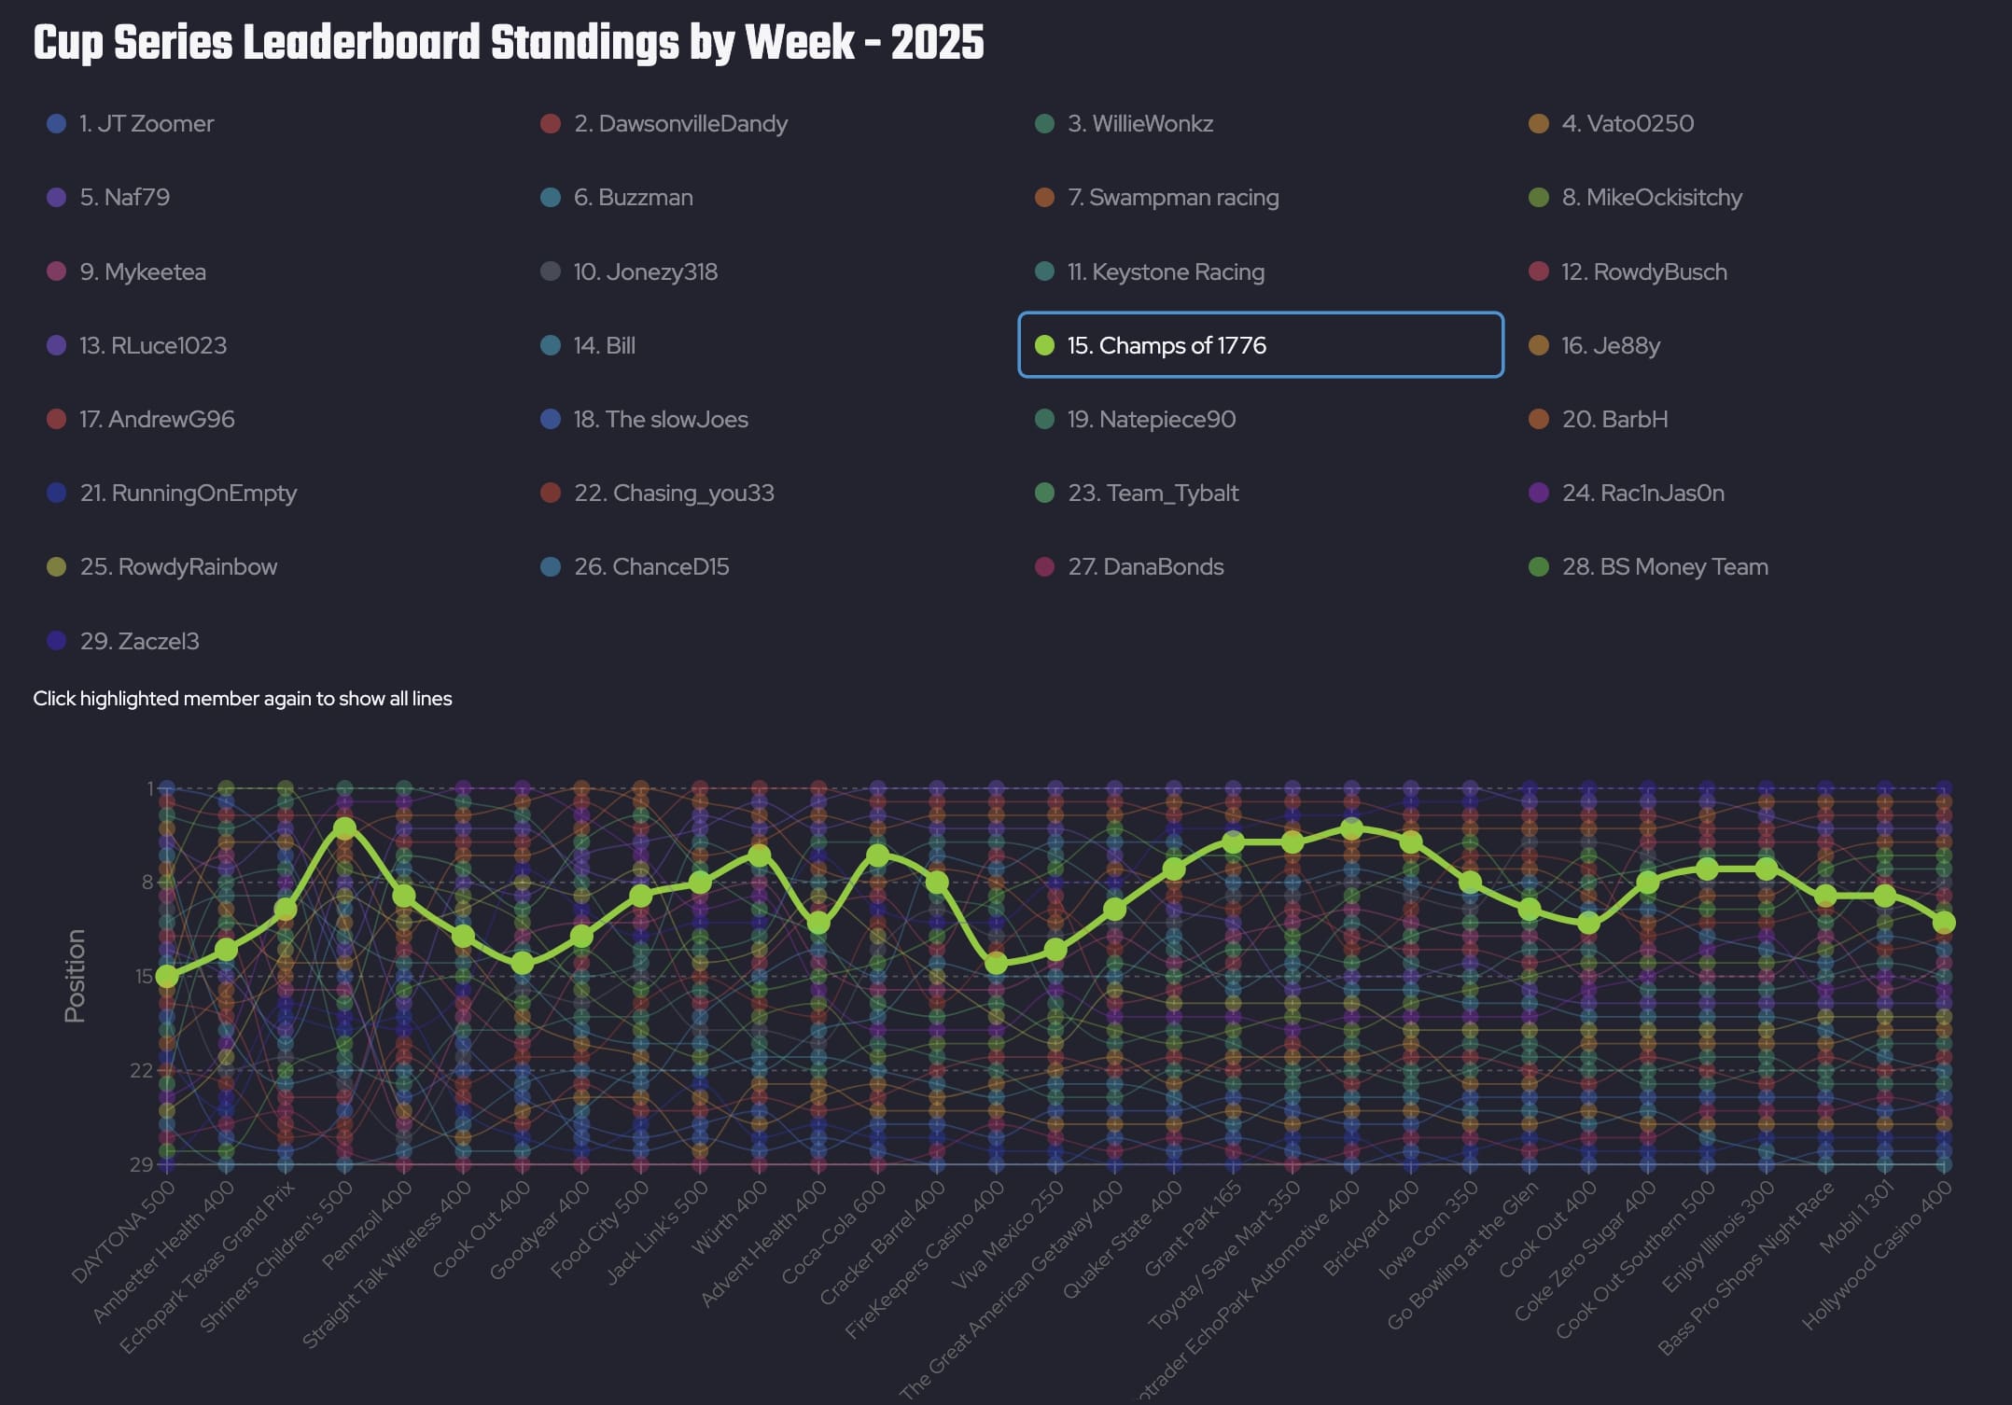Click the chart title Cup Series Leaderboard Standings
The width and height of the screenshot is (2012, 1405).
pyautogui.click(x=509, y=43)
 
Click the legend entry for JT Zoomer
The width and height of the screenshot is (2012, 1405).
pyautogui.click(x=147, y=124)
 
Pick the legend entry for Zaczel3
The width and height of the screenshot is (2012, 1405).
pyautogui.click(x=139, y=641)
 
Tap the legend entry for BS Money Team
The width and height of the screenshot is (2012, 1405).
pyautogui.click(x=1665, y=567)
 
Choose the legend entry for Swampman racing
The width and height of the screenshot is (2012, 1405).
pyautogui.click(x=1173, y=198)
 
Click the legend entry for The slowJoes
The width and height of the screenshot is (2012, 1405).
pyautogui.click(x=661, y=420)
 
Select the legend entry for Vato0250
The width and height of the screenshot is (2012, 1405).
pyautogui.click(x=1628, y=124)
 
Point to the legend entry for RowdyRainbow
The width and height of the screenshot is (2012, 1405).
pyautogui.click(x=178, y=567)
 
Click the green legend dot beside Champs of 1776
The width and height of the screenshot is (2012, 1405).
pyautogui.click(x=1045, y=345)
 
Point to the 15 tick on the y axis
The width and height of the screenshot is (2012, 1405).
pyautogui.click(x=144, y=976)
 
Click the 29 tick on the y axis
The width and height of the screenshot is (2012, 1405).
pyautogui.click(x=142, y=1164)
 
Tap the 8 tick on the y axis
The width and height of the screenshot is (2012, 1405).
pyautogui.click(x=147, y=882)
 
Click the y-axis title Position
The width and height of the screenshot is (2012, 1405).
pyautogui.click(x=75, y=976)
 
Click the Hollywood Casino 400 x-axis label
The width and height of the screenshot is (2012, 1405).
pyautogui.click(x=1878, y=1255)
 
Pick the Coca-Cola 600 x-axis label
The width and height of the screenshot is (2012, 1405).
pyautogui.click(x=834, y=1231)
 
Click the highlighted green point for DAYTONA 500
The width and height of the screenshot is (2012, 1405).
pyautogui.click(x=167, y=976)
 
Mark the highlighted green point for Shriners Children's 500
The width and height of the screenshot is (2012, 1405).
pyautogui.click(x=344, y=828)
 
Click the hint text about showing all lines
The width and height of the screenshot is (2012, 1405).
pyautogui.click(x=243, y=699)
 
